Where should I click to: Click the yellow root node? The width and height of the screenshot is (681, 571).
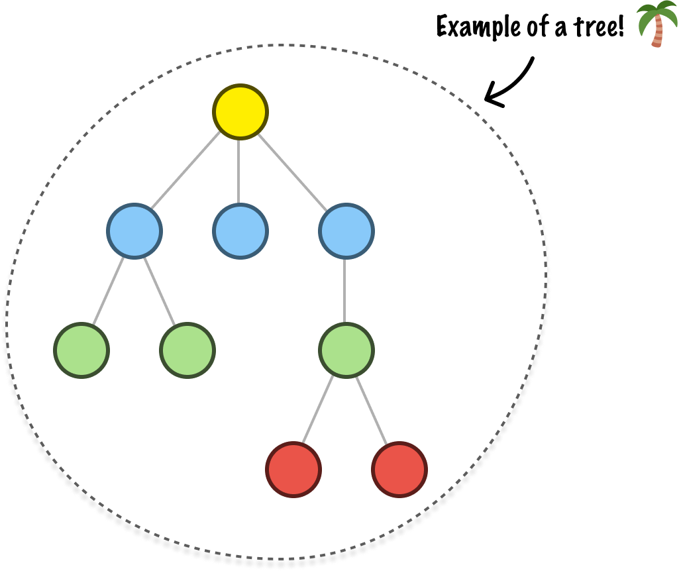tap(240, 111)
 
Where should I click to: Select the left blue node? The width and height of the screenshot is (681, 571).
tap(134, 231)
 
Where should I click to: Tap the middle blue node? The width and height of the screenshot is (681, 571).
tap(240, 231)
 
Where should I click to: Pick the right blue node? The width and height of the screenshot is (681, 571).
tap(346, 231)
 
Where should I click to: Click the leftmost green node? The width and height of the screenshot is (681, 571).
tap(81, 350)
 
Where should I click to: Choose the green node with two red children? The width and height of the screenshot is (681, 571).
tap(346, 350)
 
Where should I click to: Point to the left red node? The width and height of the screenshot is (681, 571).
tap(293, 470)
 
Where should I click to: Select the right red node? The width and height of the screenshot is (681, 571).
tap(399, 470)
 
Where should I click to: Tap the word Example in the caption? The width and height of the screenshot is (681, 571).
tap(478, 27)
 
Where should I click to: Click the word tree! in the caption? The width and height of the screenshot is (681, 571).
tap(598, 27)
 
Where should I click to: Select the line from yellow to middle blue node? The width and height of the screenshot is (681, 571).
tap(238, 172)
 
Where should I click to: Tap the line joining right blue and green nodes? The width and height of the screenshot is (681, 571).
tap(344, 291)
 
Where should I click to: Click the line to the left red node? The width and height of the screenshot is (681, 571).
tap(318, 409)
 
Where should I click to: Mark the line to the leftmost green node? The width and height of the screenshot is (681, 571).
tap(109, 291)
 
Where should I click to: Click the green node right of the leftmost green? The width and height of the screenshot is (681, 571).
tap(187, 350)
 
